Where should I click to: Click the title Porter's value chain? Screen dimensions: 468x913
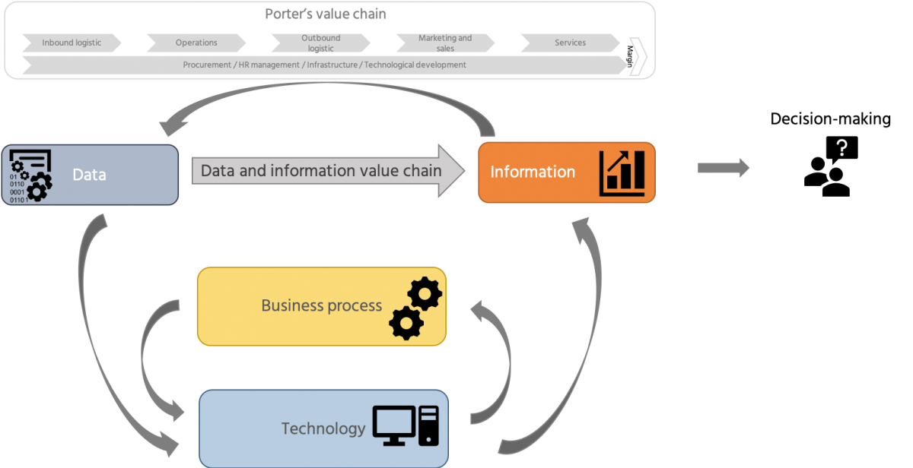(x=326, y=14)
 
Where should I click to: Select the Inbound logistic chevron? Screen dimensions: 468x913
(x=72, y=43)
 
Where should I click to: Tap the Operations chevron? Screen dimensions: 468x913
(x=196, y=43)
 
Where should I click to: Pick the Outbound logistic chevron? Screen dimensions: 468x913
(x=321, y=43)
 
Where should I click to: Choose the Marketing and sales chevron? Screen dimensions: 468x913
(x=445, y=43)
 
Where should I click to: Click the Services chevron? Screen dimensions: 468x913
(x=570, y=43)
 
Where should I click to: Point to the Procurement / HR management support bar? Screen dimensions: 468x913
(x=324, y=65)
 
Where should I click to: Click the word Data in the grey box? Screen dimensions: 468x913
(x=89, y=175)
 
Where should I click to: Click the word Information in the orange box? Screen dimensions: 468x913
(x=533, y=172)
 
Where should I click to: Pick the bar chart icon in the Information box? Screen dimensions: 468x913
(x=622, y=172)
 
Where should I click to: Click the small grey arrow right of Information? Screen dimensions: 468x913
(x=723, y=169)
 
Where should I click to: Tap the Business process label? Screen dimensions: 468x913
(x=321, y=306)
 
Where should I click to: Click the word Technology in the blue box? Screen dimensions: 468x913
(x=323, y=428)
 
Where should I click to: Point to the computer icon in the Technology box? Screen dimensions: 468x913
(x=406, y=426)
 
